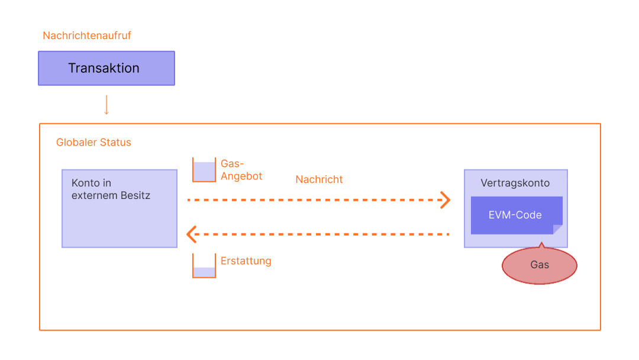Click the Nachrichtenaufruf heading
[x=87, y=36]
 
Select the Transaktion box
[x=106, y=68]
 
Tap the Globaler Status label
[x=93, y=143]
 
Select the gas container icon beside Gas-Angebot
[x=204, y=170]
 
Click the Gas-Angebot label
[x=241, y=170]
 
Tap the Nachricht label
[x=319, y=179]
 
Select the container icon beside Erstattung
[x=204, y=265]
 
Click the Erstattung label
[x=246, y=261]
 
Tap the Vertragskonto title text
[x=515, y=183]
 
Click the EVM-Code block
[x=515, y=215]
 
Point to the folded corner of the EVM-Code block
[x=557, y=229]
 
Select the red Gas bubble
[x=539, y=265]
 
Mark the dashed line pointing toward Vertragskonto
[x=314, y=200]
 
